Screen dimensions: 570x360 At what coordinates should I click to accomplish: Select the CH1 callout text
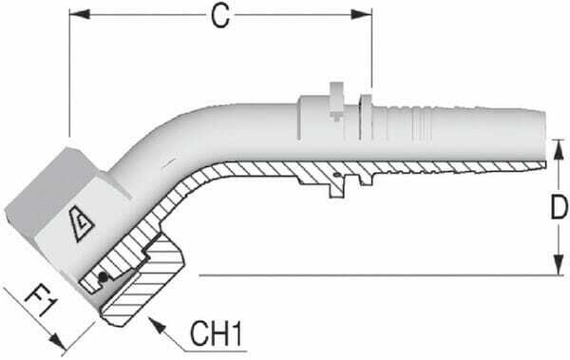[x=218, y=333]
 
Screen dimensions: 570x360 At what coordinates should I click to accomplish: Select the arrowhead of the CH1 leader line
[x=160, y=326]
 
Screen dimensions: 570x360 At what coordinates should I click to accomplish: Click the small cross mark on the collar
[x=336, y=117]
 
